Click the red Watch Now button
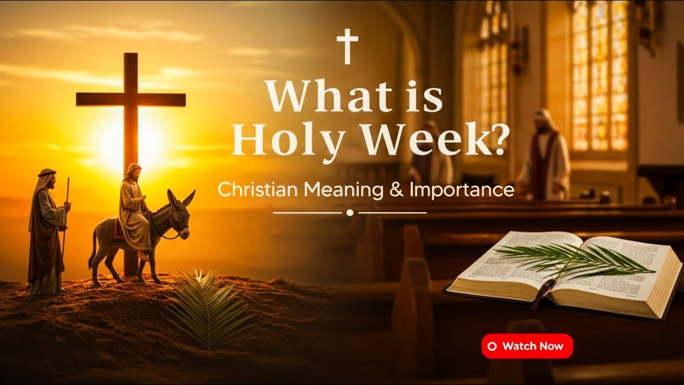[x=527, y=346]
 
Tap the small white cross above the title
[x=347, y=46]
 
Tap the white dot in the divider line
[x=350, y=212]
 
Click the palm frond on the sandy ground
[x=203, y=305]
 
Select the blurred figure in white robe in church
[x=544, y=158]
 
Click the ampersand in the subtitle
[x=397, y=190]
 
